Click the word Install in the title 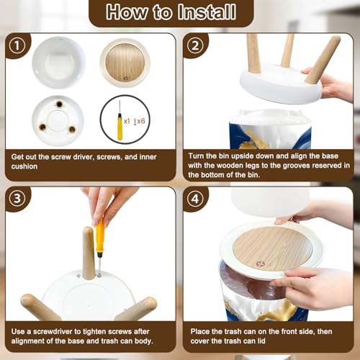pyautogui.click(x=207, y=12)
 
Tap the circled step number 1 pyautogui.click(x=17, y=46)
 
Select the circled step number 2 pyautogui.click(x=195, y=45)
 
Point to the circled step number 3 pyautogui.click(x=17, y=199)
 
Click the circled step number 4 pyautogui.click(x=195, y=199)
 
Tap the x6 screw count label pyautogui.click(x=140, y=121)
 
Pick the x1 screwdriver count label pyautogui.click(x=127, y=121)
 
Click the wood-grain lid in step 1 pyautogui.click(x=125, y=63)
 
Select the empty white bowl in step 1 pyautogui.click(x=58, y=63)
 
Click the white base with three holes pyautogui.click(x=58, y=121)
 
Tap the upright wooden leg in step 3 pyautogui.click(x=89, y=253)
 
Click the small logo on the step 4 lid pyautogui.click(x=260, y=264)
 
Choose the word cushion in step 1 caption pyautogui.click(x=24, y=166)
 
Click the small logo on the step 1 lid pyautogui.click(x=126, y=78)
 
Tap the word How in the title pyautogui.click(x=127, y=12)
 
